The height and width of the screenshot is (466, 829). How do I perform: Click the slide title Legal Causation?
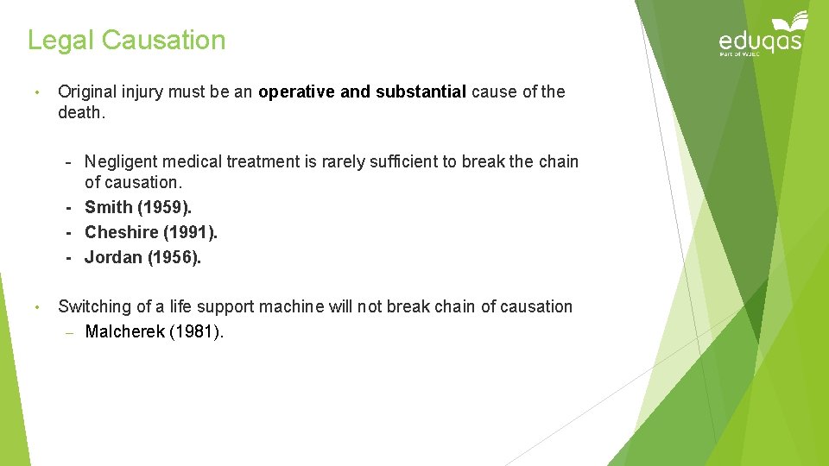[x=126, y=41]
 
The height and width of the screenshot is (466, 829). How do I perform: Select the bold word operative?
[x=296, y=92]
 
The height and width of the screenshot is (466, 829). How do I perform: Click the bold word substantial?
[x=421, y=92]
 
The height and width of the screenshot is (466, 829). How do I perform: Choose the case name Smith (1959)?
[x=138, y=207]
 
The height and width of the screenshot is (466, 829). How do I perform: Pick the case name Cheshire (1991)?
[x=151, y=232]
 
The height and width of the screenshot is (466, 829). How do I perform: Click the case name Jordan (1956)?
[x=142, y=257]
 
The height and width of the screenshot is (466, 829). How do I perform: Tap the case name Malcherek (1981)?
[x=154, y=331]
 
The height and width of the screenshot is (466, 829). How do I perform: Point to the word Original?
[x=89, y=92]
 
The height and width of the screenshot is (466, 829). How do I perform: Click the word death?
[x=80, y=113]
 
